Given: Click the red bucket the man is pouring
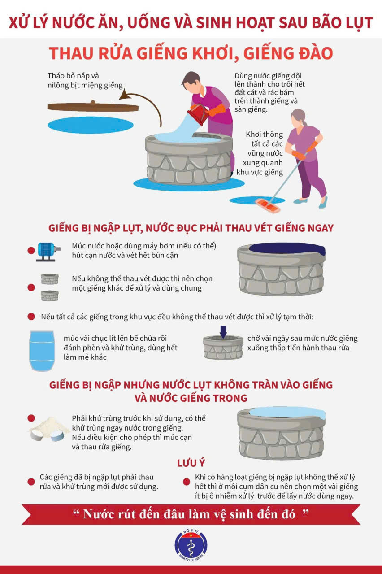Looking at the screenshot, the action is pyautogui.click(x=198, y=114).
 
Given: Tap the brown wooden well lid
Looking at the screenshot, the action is pyautogui.click(x=93, y=107).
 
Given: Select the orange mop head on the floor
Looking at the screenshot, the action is pyautogui.click(x=268, y=205).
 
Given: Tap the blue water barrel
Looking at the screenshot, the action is pyautogui.click(x=42, y=351).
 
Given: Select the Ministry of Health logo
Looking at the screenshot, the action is pyautogui.click(x=191, y=546).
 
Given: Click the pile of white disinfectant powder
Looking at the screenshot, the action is pyautogui.click(x=50, y=429).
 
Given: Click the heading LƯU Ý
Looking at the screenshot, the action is pyautogui.click(x=191, y=463).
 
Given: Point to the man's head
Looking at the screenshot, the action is pyautogui.click(x=190, y=82).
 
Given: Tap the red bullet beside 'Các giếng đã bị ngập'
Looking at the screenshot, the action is pyautogui.click(x=31, y=482).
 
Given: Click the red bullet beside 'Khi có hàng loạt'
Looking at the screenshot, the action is pyautogui.click(x=187, y=482).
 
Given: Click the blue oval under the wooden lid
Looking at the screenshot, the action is pyautogui.click(x=91, y=125).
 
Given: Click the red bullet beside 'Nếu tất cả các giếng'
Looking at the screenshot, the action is pyautogui.click(x=31, y=317).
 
